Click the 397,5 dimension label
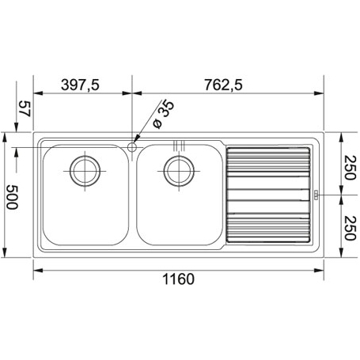pos(80,85)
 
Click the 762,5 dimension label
pos(223,85)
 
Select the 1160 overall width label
pos(178,279)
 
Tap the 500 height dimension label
pos(12,197)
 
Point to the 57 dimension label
pos(25,108)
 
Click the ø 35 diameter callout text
pos(164,115)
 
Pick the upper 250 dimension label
pos(351,168)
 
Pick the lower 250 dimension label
pos(351,228)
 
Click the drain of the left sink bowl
pos(85,171)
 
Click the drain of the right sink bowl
pos(179,171)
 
